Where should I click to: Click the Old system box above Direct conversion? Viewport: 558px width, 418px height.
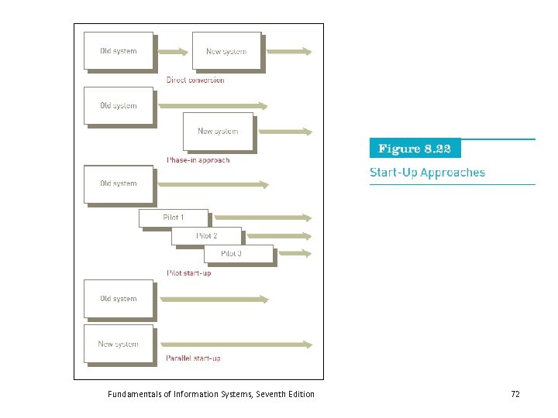[x=119, y=51]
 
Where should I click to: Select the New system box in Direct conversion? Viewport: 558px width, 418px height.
[x=226, y=51]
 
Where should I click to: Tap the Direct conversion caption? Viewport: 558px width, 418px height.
[x=195, y=80]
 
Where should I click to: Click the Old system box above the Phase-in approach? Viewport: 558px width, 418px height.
[x=119, y=106]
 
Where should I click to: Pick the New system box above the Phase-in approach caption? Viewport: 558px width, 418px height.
[x=218, y=131]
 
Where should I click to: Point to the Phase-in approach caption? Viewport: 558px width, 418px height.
[x=198, y=160]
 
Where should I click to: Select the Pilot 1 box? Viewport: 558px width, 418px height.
[x=173, y=218]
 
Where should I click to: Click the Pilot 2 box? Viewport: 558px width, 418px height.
[x=206, y=235]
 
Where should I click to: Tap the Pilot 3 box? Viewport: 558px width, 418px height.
[x=239, y=254]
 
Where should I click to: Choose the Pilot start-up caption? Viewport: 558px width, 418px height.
[x=189, y=272]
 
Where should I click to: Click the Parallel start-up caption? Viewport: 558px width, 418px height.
[x=194, y=358]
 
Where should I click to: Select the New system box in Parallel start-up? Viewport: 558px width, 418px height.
[x=119, y=344]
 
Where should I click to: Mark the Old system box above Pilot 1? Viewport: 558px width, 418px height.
[x=119, y=183]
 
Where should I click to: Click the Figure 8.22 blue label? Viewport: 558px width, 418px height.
[x=415, y=149]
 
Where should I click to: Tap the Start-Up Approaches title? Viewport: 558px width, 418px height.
[x=428, y=173]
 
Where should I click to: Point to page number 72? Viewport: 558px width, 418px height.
[x=515, y=394]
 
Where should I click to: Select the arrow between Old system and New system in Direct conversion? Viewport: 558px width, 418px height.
[x=172, y=52]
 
